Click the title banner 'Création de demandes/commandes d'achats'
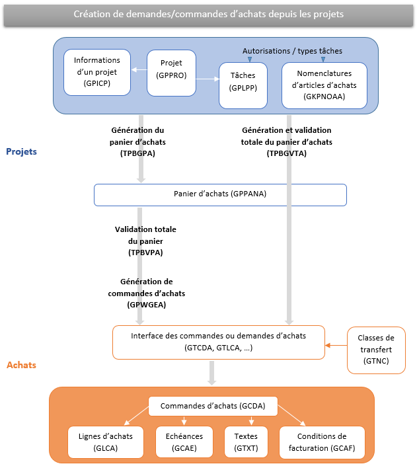coord(208,14)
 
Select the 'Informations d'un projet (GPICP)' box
coord(97,72)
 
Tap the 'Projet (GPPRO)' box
coord(171,69)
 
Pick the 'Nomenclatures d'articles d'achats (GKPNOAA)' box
coord(324,85)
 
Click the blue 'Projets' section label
coord(21,151)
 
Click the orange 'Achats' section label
coord(21,365)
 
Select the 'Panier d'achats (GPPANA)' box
coord(220,194)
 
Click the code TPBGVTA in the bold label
coord(287,153)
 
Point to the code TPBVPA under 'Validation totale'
coord(145,253)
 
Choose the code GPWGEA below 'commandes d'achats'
coord(145,305)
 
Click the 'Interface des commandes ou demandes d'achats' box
coord(218,342)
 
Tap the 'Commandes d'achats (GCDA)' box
coord(213,406)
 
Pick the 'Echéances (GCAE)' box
coord(184,442)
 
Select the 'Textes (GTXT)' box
coord(246,442)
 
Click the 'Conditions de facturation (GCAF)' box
coord(322,442)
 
